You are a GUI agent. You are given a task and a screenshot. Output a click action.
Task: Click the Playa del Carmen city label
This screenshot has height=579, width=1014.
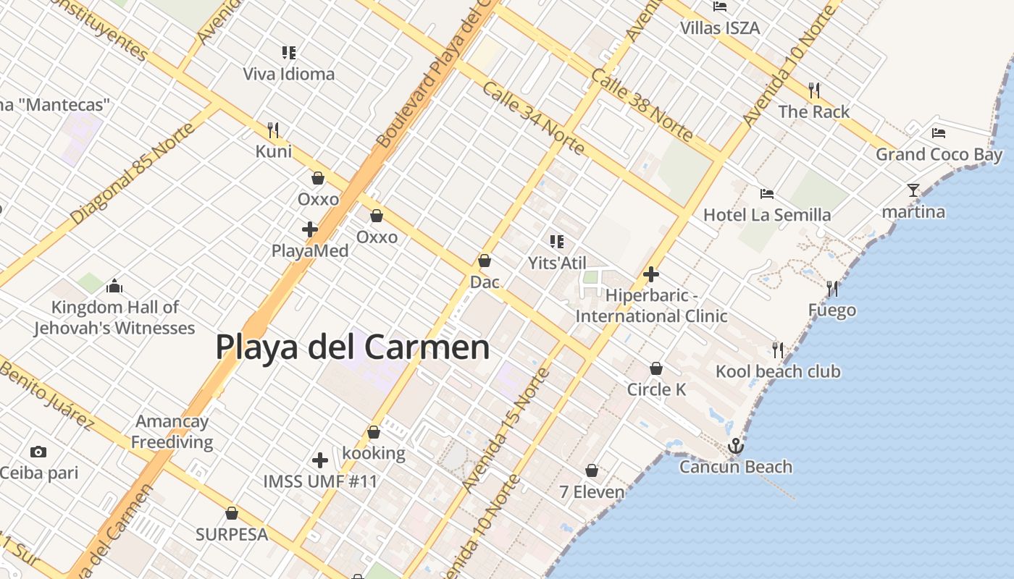[353, 347]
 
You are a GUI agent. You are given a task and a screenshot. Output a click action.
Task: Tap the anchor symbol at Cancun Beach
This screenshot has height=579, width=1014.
[736, 446]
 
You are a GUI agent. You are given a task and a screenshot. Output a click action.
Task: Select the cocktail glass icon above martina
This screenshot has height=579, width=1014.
[913, 190]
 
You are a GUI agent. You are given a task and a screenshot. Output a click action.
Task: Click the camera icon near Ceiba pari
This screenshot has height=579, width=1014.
[38, 452]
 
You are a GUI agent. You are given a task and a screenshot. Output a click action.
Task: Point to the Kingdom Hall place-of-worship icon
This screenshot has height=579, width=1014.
[114, 286]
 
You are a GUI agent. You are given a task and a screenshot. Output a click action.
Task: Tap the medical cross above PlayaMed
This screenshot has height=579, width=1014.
[310, 229]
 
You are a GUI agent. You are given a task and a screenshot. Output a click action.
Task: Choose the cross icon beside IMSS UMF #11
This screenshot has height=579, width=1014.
[319, 460]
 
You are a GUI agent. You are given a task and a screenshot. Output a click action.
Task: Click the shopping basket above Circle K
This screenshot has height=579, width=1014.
[656, 368]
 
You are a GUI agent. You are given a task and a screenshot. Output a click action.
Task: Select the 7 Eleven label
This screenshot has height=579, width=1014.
[592, 492]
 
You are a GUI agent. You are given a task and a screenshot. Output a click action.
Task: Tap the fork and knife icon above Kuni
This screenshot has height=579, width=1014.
[273, 130]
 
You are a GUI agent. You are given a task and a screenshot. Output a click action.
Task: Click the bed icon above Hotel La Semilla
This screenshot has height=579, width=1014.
[767, 193]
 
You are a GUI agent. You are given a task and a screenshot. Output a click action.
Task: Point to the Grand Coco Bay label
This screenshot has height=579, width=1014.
[939, 154]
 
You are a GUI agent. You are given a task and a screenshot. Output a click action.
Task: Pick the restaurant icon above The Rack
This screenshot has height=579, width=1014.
[814, 90]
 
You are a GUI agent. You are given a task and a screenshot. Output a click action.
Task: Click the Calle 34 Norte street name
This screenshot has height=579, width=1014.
[532, 118]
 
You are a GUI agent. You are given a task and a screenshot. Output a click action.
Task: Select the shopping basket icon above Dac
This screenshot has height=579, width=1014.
[485, 261]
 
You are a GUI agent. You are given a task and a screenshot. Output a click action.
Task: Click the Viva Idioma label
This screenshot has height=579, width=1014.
[288, 74]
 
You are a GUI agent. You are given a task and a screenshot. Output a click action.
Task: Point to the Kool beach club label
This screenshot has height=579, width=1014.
[778, 371]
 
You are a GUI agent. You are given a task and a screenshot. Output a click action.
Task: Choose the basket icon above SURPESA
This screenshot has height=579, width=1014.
[232, 513]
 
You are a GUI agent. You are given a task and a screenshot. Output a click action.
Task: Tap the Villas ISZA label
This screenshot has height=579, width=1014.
[720, 28]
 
